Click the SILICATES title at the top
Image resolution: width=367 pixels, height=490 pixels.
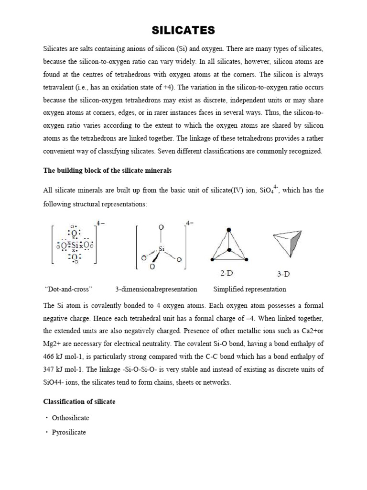[183, 31]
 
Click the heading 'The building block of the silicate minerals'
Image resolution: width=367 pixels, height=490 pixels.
[107, 171]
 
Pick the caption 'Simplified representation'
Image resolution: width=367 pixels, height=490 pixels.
[249, 289]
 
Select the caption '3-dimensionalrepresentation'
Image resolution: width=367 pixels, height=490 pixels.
[156, 289]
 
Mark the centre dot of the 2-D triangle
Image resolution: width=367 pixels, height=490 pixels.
[229, 250]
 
